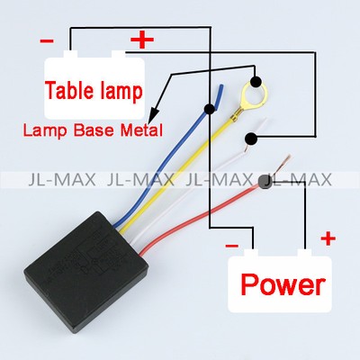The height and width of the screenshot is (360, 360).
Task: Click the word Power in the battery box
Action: pos(283,284)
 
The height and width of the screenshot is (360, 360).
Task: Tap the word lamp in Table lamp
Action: pos(121,92)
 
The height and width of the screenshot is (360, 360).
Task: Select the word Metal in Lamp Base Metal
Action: pos(141,130)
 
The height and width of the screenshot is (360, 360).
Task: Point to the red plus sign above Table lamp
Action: pos(142,40)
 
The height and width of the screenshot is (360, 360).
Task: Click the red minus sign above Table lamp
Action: pos(47,40)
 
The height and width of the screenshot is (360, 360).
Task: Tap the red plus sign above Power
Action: pos(328,239)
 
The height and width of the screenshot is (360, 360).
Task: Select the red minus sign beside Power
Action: pos(231,246)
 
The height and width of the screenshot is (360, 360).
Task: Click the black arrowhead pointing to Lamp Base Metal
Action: pos(154,114)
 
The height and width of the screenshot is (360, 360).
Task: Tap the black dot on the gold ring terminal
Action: pos(256,82)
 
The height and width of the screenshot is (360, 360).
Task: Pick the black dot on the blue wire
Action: pos(210,109)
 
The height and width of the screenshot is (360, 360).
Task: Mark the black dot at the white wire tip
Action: pos(251,139)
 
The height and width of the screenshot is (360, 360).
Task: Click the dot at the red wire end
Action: pos(265,183)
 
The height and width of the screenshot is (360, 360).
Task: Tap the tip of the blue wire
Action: pos(221,86)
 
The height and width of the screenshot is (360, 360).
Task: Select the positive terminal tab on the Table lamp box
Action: pos(119,55)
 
